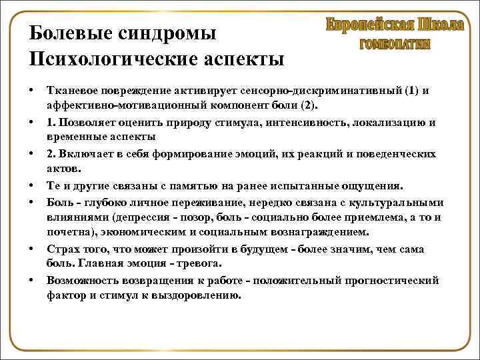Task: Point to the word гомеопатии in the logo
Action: (x=395, y=45)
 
